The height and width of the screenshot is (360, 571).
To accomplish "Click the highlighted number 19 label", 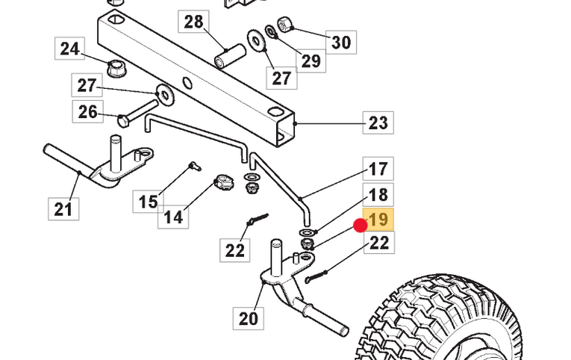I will pyautogui.click(x=378, y=220).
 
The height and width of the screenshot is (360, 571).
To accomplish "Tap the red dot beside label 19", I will pyautogui.click(x=360, y=225).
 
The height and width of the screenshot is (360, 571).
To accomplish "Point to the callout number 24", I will pyautogui.click(x=69, y=49).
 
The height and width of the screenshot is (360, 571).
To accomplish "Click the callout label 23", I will pyautogui.click(x=378, y=122).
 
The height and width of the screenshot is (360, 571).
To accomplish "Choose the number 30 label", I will pyautogui.click(x=340, y=42).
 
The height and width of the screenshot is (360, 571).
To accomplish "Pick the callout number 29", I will pyautogui.click(x=311, y=60).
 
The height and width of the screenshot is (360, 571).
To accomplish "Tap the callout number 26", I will pyautogui.click(x=87, y=112).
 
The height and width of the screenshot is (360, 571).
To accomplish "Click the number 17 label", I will pyautogui.click(x=378, y=170).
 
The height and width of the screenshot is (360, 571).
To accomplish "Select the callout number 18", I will pyautogui.click(x=378, y=195).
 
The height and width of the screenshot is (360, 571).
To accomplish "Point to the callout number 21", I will pyautogui.click(x=63, y=208).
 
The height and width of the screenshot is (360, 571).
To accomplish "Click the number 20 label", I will pyautogui.click(x=248, y=319).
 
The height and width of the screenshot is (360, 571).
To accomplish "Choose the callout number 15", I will pyautogui.click(x=148, y=201).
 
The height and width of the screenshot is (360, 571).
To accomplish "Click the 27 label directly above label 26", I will pyautogui.click(x=87, y=85).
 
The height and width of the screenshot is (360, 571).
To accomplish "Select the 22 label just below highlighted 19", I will pyautogui.click(x=378, y=243).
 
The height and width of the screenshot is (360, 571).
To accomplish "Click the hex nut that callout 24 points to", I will pyautogui.click(x=116, y=66).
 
